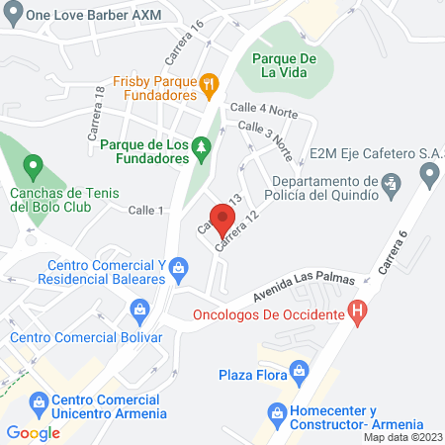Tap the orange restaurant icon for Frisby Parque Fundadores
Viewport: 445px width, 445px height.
209,84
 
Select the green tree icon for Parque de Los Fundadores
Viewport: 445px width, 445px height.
201,146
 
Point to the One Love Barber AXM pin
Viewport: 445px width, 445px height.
12,15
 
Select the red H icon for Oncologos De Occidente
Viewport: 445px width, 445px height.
360,314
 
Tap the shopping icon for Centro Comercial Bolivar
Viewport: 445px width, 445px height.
140,313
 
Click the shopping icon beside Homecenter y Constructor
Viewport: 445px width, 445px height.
276,411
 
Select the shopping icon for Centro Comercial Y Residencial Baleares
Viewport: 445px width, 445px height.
179,266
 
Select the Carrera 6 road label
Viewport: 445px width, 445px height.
393,253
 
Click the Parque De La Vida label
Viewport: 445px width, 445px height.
284,66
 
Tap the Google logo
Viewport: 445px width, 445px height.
34,432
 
